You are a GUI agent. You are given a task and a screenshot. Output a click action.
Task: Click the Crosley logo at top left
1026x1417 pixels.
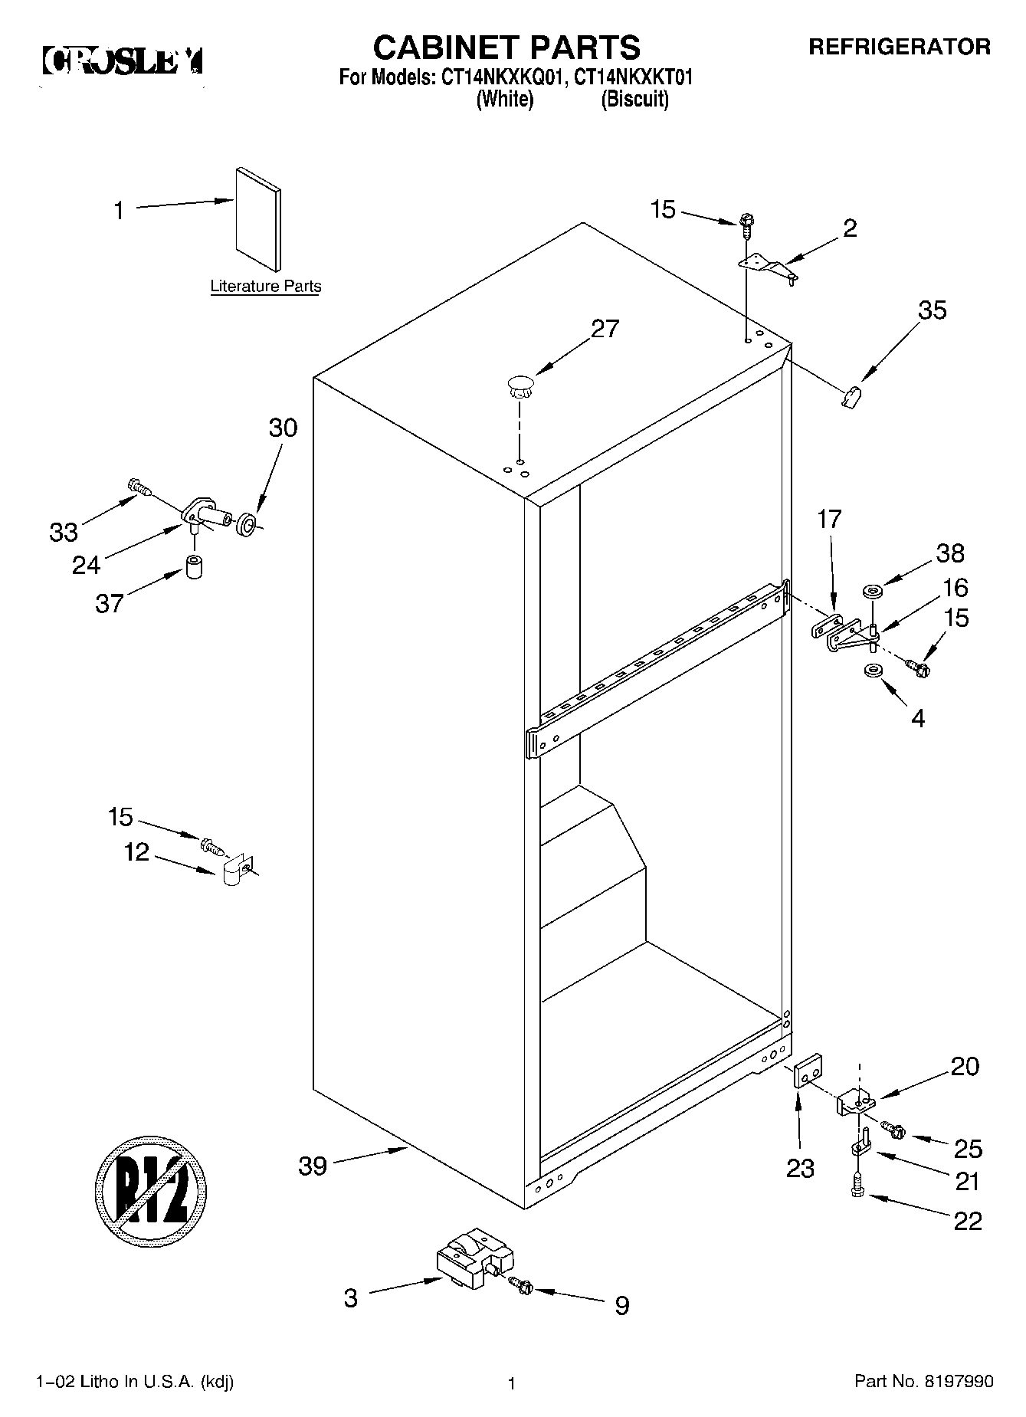pos(123,61)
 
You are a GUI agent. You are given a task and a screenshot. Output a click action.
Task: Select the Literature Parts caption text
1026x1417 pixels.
pos(265,287)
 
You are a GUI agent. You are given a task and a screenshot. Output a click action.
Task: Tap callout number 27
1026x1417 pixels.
pos(605,329)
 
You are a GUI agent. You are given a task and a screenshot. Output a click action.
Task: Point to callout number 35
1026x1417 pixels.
pos(933,310)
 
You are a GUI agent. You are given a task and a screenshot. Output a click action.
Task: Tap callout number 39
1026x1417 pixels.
pos(312,1166)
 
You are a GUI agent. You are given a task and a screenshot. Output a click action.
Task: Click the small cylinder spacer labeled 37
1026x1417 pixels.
pos(196,569)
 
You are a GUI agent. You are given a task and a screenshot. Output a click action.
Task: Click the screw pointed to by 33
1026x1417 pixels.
pos(138,485)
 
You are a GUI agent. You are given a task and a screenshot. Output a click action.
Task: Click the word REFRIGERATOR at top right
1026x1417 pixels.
pos(900,48)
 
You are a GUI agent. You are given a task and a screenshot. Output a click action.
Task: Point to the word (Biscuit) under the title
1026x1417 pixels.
pos(634,100)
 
